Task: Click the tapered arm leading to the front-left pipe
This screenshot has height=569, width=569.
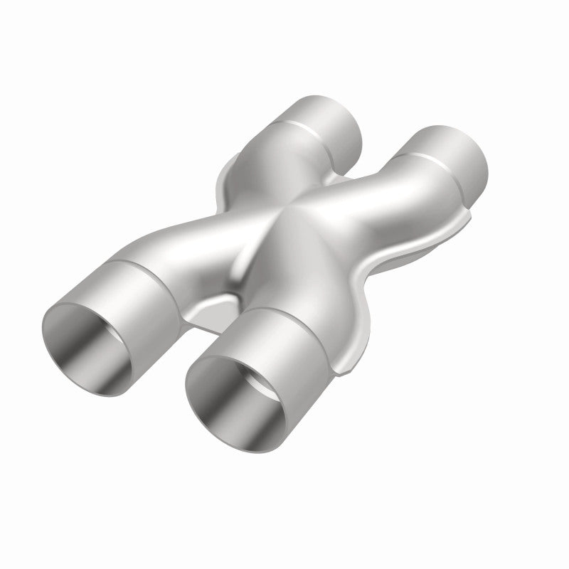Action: point(192,235)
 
